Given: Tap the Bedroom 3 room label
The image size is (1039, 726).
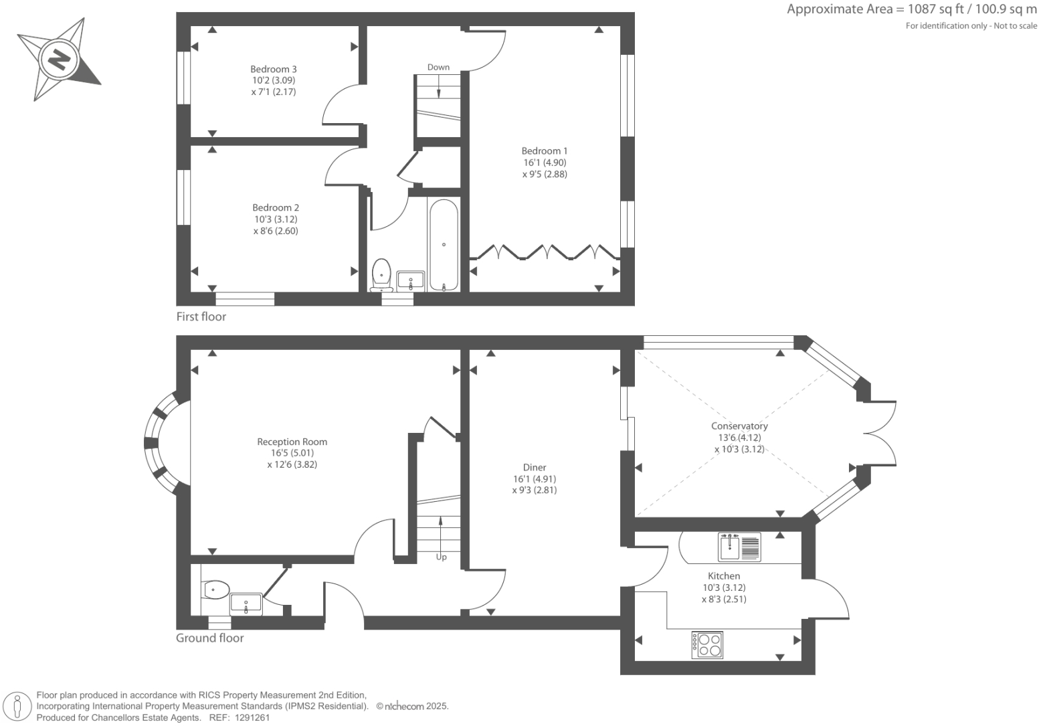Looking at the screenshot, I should coord(273,70).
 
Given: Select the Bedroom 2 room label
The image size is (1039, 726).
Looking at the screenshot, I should coord(275,208).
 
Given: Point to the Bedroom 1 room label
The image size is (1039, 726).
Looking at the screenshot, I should coord(544,151).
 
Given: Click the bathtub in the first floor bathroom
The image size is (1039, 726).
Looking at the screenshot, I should coord(444,245).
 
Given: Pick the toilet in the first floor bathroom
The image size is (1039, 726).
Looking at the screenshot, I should coord(381,274).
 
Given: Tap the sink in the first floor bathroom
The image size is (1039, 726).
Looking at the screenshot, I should coord(410,280).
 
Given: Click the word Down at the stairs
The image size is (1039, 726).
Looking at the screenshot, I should coord(438,67).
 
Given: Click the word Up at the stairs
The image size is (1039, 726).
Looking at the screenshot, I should coord(441,557).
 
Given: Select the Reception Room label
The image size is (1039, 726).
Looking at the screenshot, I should coord(292,442).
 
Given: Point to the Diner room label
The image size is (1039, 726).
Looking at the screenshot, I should coord(534,468).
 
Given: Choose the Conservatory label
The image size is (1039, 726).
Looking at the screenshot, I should coord(739,426).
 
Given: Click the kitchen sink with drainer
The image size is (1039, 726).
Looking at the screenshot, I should coord(739,546).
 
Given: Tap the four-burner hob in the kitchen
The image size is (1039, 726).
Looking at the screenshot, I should coord(707,644).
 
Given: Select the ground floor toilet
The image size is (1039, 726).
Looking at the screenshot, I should coord(215,589).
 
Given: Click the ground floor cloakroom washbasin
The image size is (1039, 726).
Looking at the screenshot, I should coord(246,604).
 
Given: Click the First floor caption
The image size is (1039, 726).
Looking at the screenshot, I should coord(201,316).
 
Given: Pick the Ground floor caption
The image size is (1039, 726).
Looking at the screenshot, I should coord(209,638).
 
